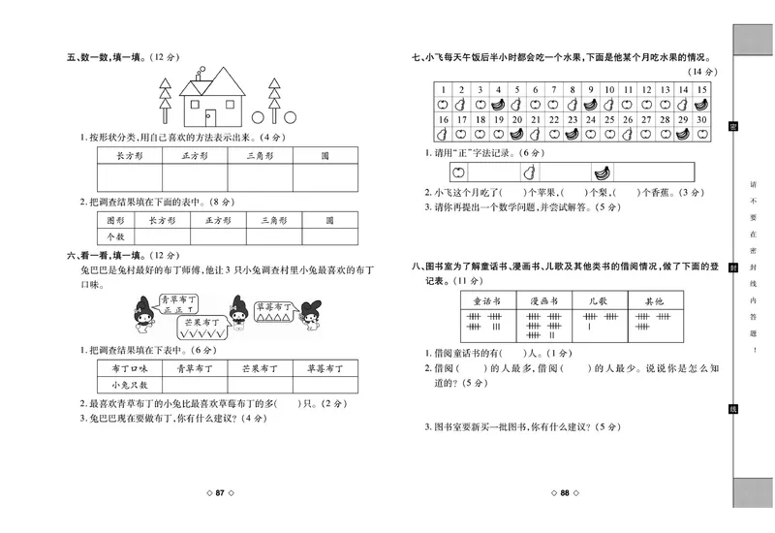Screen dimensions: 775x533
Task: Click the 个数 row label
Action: (116, 235)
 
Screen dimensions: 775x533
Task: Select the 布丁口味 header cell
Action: (130, 368)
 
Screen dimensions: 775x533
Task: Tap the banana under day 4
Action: (497, 104)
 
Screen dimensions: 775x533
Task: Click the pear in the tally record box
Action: (529, 172)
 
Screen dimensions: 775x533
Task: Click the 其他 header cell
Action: (654, 301)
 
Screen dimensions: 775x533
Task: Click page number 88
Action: (564, 494)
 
